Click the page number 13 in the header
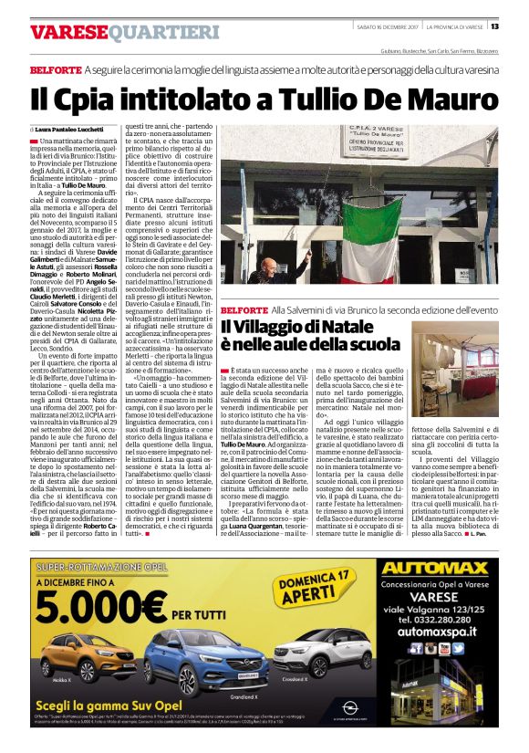pyautogui.click(x=519, y=26)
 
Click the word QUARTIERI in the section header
pyautogui.click(x=165, y=33)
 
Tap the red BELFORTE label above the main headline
pyautogui.click(x=55, y=69)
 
